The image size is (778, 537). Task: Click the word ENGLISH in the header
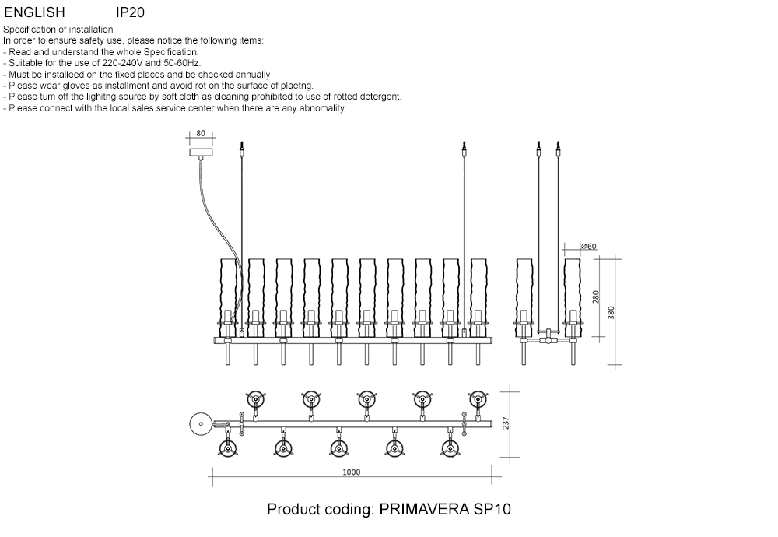click(34, 13)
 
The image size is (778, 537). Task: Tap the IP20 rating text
click(130, 13)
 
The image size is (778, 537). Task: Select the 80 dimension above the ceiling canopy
click(201, 134)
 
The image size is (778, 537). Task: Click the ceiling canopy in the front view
click(201, 153)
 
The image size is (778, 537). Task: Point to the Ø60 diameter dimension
click(589, 247)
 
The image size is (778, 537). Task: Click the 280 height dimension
click(597, 297)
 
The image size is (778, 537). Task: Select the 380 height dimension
click(612, 312)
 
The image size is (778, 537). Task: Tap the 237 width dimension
click(506, 423)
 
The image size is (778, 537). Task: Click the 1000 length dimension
click(351, 472)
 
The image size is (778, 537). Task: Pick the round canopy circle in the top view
click(200, 425)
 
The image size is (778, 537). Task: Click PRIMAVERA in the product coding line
click(424, 510)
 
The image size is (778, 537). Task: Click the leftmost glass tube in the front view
click(227, 296)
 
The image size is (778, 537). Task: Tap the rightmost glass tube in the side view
click(573, 296)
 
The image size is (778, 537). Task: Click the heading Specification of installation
click(58, 30)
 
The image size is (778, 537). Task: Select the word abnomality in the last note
click(317, 108)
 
